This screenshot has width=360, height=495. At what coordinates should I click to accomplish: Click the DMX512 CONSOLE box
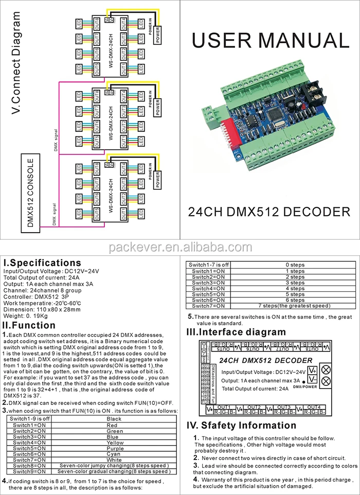(x=30, y=192)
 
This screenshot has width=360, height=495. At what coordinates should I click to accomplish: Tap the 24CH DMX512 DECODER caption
(x=269, y=211)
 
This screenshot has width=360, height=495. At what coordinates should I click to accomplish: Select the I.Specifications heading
(x=42, y=263)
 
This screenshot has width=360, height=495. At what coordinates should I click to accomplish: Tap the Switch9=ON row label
(x=31, y=471)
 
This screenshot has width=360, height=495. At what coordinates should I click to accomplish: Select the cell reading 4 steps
(x=295, y=288)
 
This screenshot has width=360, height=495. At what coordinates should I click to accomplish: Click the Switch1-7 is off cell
(x=210, y=264)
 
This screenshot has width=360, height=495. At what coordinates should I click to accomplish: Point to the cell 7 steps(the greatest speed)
(x=295, y=306)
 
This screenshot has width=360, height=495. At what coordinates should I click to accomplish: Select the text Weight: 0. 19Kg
(x=26, y=315)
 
